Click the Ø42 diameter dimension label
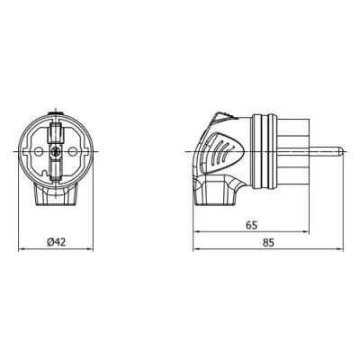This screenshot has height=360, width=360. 56,241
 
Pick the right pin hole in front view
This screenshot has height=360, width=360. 73,153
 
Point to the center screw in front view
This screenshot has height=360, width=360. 56,153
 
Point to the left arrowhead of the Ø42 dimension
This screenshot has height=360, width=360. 22,249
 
